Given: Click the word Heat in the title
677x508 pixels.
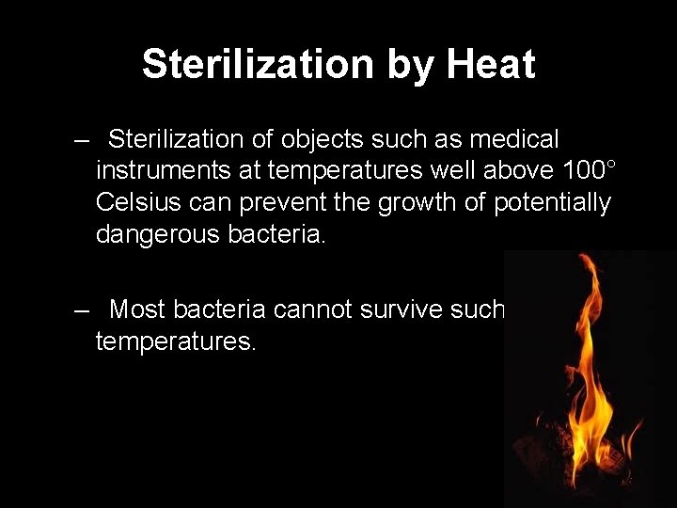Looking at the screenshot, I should click(491, 64).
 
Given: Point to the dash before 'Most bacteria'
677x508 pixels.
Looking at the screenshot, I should click(84, 309).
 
